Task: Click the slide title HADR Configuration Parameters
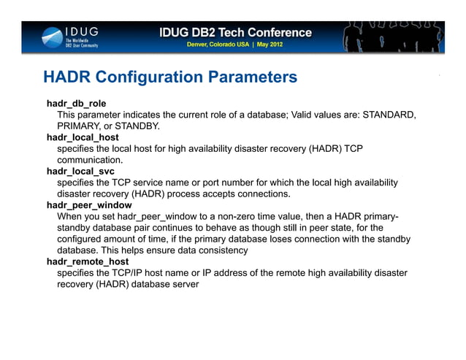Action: [170, 77]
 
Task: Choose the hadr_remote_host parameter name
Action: [88, 261]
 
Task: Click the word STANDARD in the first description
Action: [389, 115]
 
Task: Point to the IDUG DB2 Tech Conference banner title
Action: [235, 33]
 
